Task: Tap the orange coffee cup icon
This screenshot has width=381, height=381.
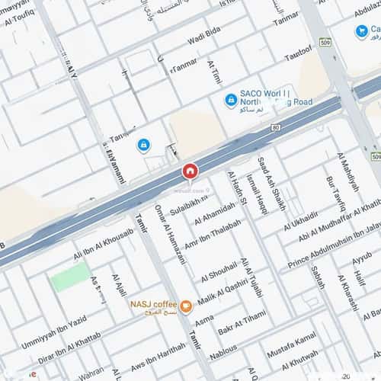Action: coord(186,308)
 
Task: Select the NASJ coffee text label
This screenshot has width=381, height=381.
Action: coord(154,306)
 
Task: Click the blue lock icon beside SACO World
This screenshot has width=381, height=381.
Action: coord(230,100)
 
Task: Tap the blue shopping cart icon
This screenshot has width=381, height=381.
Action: coord(361,31)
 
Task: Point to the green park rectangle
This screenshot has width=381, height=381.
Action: coord(70,278)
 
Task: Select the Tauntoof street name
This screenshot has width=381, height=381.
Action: coord(298,53)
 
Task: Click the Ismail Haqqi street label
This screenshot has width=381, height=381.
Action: coord(258,194)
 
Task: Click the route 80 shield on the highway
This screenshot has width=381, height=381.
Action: coord(275,127)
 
